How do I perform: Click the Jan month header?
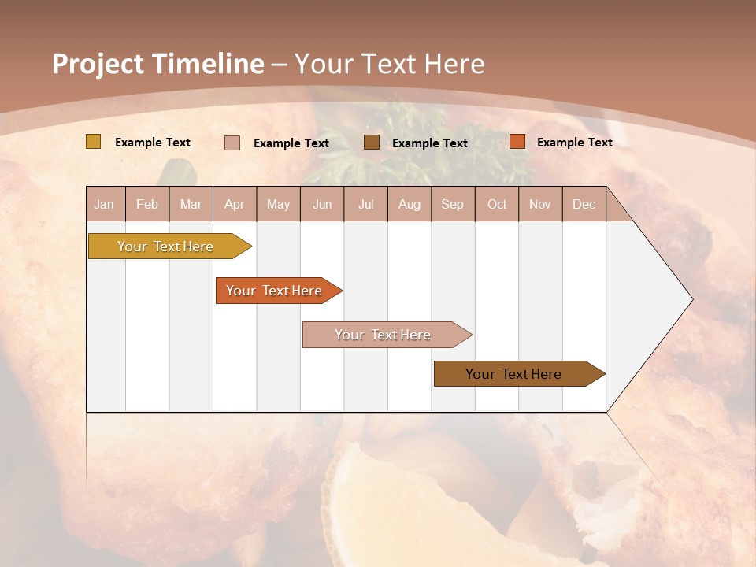pos(104,204)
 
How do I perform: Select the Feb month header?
pos(147,204)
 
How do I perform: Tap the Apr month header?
pos(234,204)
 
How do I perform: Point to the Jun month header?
pos(322,204)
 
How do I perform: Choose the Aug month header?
pos(409,204)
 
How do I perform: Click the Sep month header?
pos(452,204)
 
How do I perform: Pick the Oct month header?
pos(497,204)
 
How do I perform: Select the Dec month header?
pos(584,204)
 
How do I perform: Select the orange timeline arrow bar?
pos(276,291)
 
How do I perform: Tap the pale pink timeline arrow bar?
pos(384,335)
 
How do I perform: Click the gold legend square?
pos(93,142)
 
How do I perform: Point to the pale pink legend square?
pos(232,143)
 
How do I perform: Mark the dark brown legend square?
pos(372,142)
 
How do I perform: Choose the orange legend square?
pos(517,142)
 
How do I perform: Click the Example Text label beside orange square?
pos(574,142)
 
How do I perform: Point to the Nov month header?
pos(539,204)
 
